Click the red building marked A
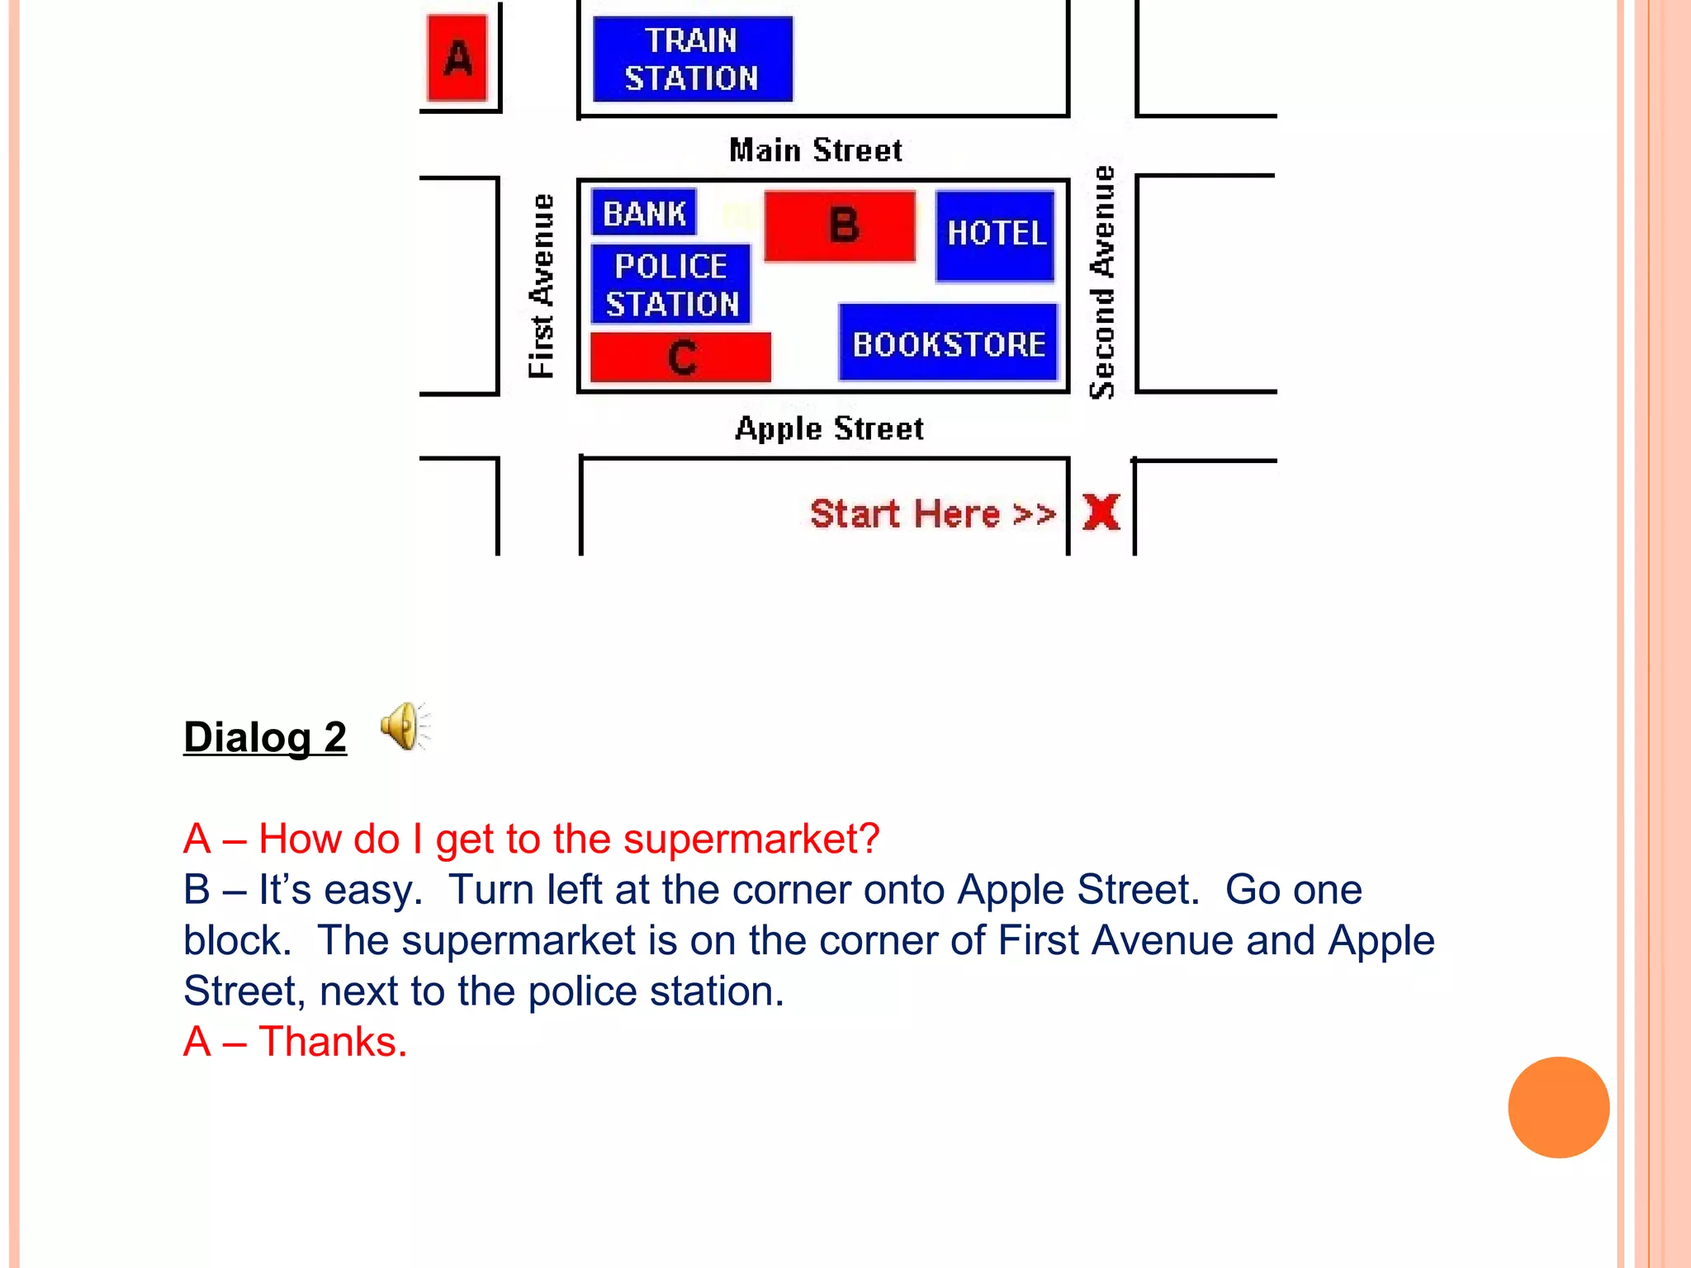coord(457,59)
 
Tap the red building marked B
coord(841,226)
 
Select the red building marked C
coord(681,357)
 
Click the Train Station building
coord(692,59)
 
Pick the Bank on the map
coord(644,213)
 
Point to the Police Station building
coord(671,284)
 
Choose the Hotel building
coord(996,235)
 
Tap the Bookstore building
coord(948,343)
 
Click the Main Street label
coord(816,150)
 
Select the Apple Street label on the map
coord(829,428)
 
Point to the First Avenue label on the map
coord(542,286)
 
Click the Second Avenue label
coord(1102,282)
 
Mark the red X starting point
coord(1101,512)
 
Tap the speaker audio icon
coord(405,726)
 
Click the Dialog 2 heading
coord(265,736)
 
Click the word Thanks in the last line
coord(332,1042)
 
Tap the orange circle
coord(1558,1107)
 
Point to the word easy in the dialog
coord(372,890)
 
